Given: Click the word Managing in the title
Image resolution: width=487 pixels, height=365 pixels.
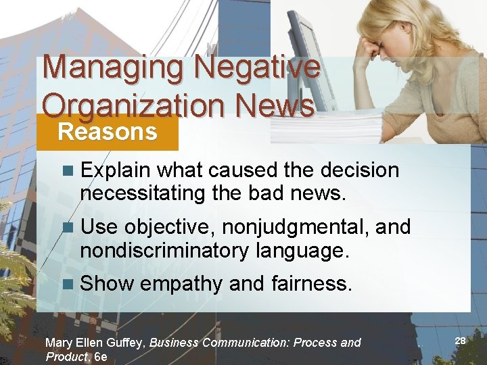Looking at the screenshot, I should pos(112,68).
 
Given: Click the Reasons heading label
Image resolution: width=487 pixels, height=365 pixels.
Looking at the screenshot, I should pos(107,131).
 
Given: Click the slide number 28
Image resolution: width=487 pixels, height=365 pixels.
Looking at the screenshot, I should pos(460,341).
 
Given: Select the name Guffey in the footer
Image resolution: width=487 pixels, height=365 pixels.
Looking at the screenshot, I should pos(126,343).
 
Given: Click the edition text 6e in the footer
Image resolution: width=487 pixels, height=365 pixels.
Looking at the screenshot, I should pos(101,357).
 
